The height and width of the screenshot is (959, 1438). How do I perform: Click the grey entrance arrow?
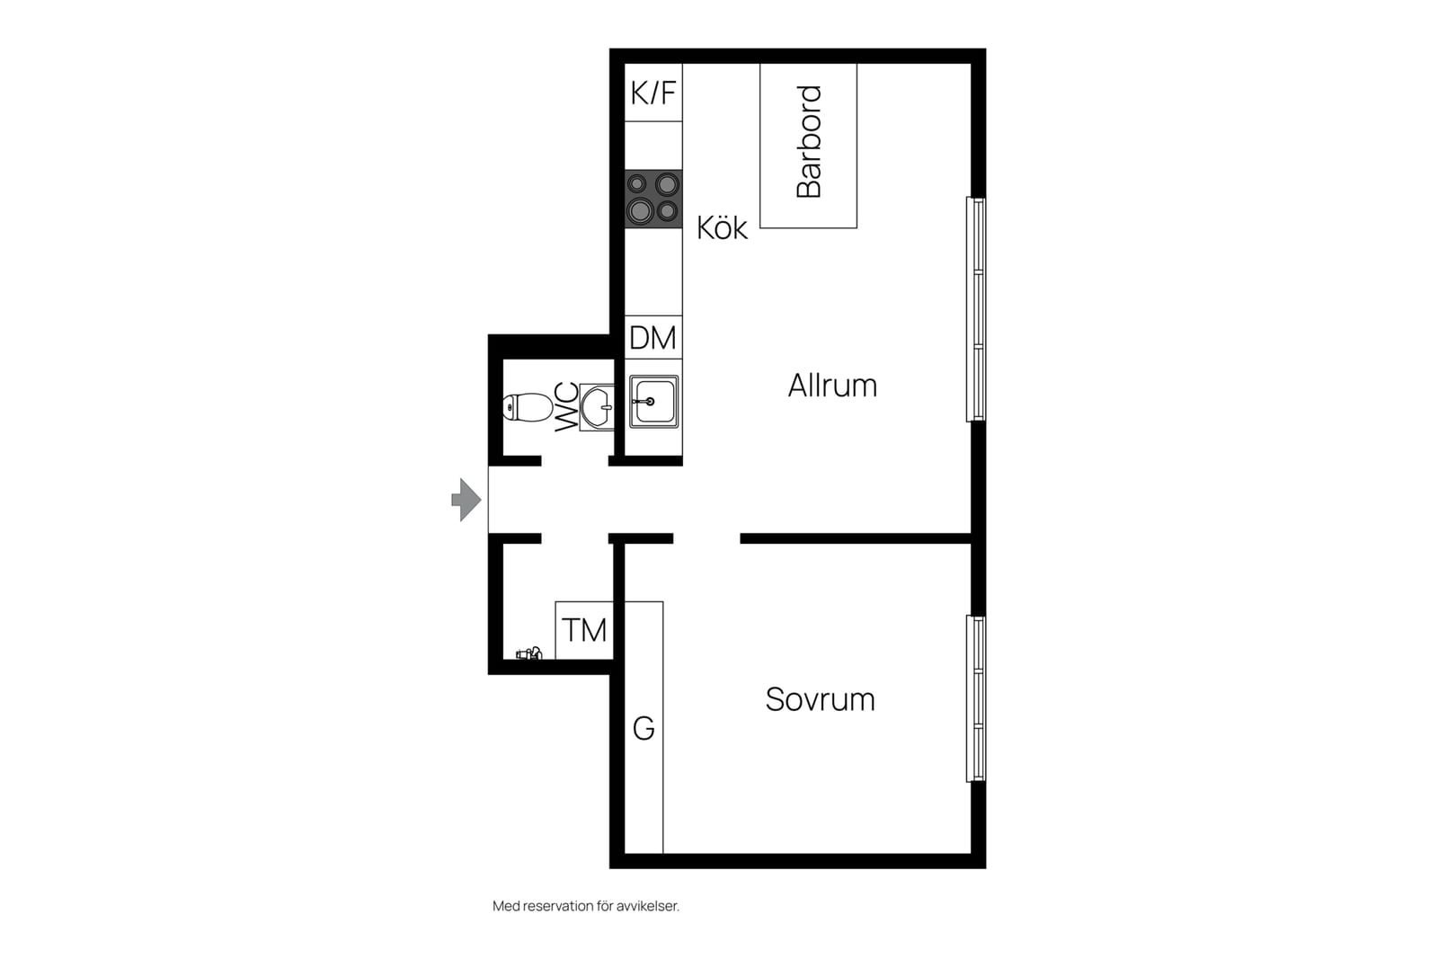[466, 500]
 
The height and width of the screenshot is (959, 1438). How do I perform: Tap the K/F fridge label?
[653, 93]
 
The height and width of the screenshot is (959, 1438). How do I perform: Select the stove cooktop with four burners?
[653, 199]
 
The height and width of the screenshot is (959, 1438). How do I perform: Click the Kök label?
[723, 228]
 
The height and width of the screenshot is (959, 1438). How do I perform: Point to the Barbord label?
[809, 142]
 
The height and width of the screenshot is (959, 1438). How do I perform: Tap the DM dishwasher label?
[652, 338]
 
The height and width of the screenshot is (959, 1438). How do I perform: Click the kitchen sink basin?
[653, 402]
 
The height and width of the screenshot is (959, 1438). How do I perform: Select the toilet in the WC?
[528, 407]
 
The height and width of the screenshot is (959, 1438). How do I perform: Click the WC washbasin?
[597, 407]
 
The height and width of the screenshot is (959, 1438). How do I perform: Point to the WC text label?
[566, 407]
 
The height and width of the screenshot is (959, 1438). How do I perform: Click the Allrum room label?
[832, 386]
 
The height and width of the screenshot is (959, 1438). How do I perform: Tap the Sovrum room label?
[821, 699]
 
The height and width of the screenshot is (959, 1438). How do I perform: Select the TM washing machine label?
[584, 630]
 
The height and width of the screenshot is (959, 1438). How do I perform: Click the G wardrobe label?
[644, 729]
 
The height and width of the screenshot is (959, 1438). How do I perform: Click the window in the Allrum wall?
[976, 309]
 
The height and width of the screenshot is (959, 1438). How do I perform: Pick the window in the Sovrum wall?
[976, 699]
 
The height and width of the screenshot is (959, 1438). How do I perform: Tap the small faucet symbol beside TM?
[529, 653]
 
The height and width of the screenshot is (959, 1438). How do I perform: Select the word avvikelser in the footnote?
[648, 906]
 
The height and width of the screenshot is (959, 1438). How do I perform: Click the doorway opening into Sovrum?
[706, 538]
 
